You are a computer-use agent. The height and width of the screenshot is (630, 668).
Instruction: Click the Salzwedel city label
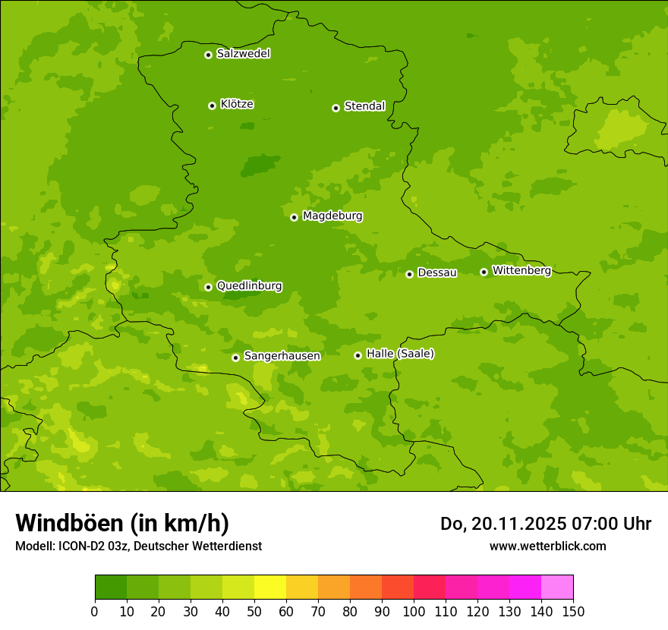243,54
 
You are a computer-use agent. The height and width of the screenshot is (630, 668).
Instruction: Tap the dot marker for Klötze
212,106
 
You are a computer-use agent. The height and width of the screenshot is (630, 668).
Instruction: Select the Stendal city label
364,106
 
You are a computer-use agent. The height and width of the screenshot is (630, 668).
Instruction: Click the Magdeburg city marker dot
294,217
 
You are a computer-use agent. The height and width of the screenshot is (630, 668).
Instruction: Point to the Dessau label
437,272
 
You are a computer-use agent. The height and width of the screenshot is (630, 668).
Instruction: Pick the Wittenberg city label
521,270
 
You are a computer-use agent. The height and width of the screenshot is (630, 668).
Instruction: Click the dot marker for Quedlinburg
208,287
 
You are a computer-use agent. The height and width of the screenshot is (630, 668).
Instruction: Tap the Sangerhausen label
282,356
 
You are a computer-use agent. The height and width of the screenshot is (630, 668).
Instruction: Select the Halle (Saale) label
400,354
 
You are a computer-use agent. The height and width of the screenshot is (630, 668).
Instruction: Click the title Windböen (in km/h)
122,524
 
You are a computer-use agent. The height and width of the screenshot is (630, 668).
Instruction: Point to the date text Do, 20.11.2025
502,524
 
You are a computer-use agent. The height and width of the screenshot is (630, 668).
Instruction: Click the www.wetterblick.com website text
547,546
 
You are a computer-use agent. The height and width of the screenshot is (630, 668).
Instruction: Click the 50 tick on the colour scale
254,611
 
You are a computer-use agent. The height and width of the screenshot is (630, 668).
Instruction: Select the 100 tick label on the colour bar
414,611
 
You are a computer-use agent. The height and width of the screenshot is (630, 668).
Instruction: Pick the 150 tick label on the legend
573,611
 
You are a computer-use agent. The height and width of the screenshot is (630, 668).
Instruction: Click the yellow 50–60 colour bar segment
270,587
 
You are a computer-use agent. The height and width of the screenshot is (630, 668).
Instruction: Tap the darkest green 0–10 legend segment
111,587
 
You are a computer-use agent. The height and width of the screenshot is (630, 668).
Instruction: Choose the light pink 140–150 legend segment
557,587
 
